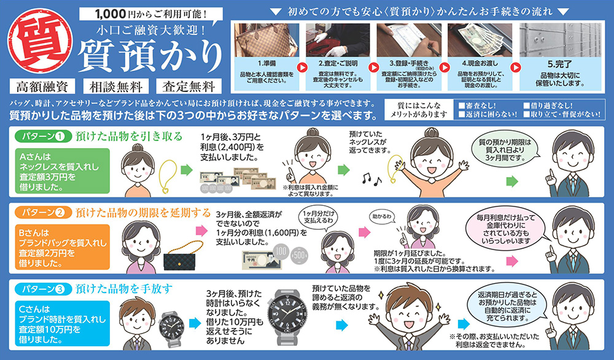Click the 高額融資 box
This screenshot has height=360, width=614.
[x=42, y=86]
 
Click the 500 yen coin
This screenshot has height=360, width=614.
[x=300, y=254]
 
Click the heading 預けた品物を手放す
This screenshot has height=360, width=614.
[x=123, y=288]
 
